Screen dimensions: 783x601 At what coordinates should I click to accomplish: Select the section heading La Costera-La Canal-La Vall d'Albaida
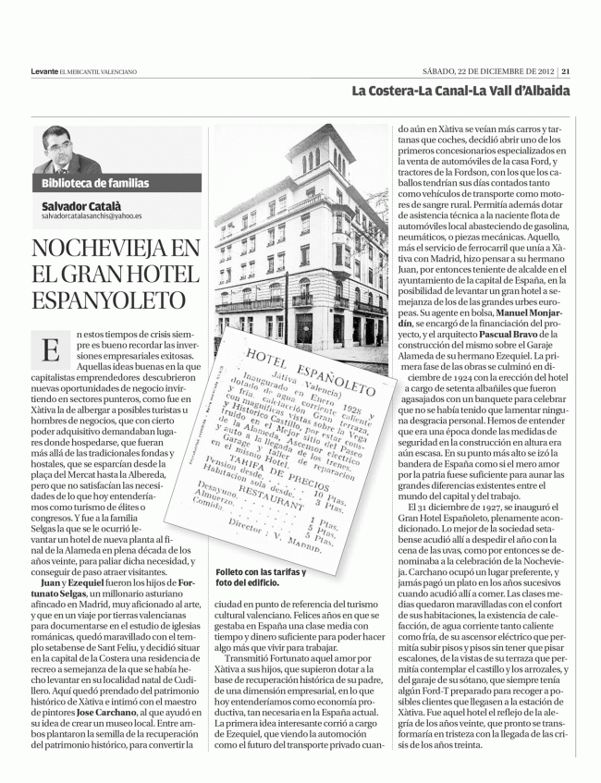(x=460, y=91)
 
